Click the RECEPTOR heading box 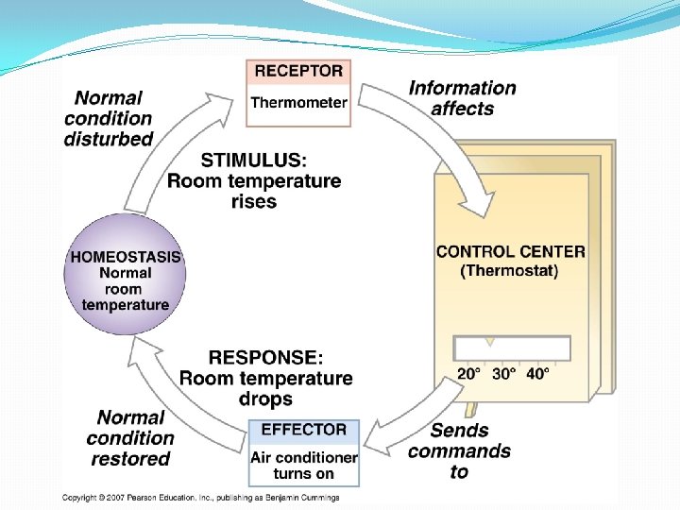point(298,72)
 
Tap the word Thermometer point(298,102)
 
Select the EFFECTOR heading point(303,430)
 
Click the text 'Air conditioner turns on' point(303,465)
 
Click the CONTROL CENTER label point(510,252)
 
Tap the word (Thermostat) point(509,271)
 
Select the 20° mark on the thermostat point(468,373)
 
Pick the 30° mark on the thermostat point(503,373)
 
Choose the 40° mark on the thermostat point(537,373)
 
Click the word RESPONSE point(265,358)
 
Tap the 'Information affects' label point(462,98)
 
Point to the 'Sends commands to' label point(459,450)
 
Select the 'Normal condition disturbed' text point(109,118)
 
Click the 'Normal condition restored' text point(130,438)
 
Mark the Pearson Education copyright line point(200,497)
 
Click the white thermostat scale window point(513,348)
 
